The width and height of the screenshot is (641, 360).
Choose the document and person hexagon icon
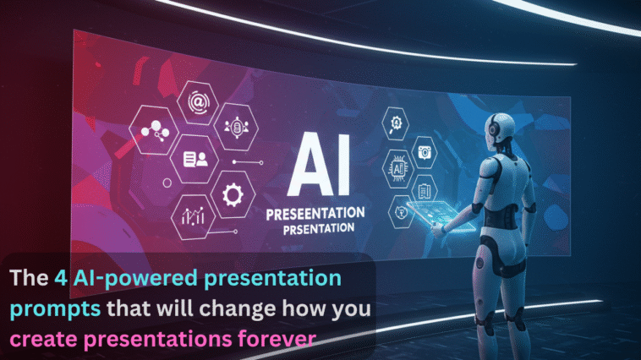(x=193, y=158)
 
